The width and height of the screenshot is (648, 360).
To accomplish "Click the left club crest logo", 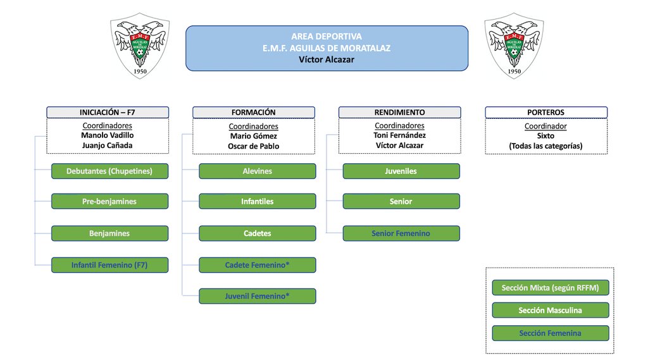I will point(140,47).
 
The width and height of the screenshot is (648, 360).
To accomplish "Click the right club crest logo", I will point(514,47).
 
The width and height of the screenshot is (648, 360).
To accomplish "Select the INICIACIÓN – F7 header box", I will point(108,112).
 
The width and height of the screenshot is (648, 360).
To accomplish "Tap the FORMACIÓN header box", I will point(254,112).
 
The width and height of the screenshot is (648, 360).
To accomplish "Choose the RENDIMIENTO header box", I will point(399,112).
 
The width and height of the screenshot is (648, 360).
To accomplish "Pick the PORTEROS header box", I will point(545,112).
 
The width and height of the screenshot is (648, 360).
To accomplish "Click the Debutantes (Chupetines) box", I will point(109,171).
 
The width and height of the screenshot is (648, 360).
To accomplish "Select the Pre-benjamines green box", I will point(109,201).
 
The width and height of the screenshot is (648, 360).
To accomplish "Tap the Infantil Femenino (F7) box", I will point(109,265).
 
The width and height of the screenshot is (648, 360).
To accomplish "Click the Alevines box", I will point(257,171).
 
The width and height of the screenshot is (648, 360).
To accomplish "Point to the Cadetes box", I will point(257,233).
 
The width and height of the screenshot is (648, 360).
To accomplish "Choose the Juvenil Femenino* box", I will point(257,295).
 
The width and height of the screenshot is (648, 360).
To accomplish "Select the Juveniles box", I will point(401,171).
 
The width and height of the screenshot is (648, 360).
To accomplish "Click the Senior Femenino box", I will point(401,233).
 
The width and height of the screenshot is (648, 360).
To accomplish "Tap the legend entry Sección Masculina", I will point(550,310).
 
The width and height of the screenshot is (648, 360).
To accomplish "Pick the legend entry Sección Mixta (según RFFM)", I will point(550,288).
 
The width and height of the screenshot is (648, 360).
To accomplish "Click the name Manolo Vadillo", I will point(108,135).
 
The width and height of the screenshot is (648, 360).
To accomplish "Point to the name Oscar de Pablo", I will point(254,146).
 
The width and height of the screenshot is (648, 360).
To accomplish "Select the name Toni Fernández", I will point(399,135).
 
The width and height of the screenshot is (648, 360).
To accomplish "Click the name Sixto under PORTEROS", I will point(545,136).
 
